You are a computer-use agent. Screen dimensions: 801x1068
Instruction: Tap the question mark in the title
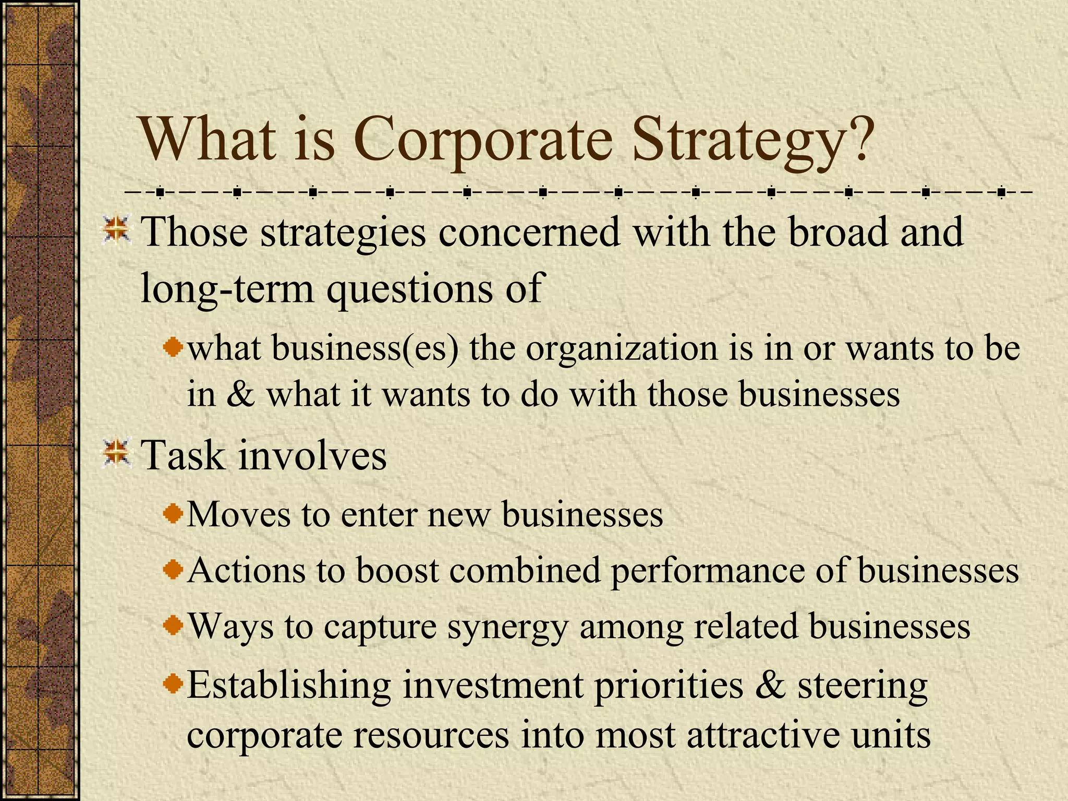coord(855,137)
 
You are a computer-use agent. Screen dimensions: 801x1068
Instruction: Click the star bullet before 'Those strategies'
coord(116,230)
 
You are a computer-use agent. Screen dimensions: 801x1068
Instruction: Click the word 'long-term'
coord(227,288)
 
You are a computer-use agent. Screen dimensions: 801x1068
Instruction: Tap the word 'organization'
coord(621,349)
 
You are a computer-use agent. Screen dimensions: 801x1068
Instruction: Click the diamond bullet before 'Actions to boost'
coord(173,569)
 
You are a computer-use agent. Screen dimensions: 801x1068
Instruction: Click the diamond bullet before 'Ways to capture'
coord(173,625)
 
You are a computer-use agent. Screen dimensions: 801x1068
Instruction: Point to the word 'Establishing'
coord(289,685)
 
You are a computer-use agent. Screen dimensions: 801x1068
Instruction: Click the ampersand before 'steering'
coord(770,684)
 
